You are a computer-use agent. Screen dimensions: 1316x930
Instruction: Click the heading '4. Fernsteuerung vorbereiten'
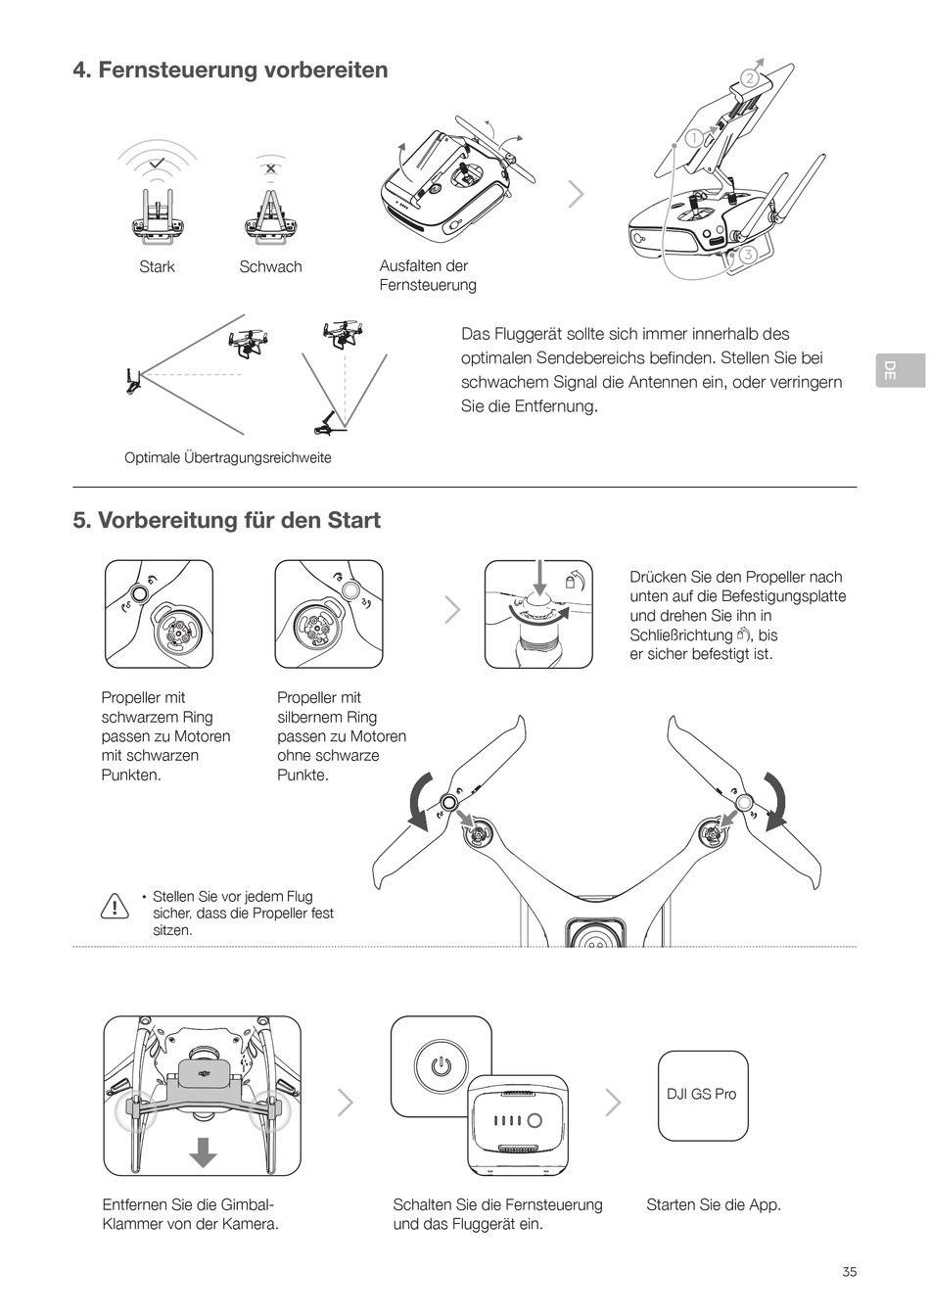pyautogui.click(x=230, y=70)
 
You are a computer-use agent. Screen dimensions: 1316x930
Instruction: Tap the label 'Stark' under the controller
pyautogui.click(x=157, y=267)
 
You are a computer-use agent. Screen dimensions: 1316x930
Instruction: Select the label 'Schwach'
pyautogui.click(x=270, y=267)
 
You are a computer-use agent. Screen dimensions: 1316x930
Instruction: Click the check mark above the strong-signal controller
pyautogui.click(x=157, y=162)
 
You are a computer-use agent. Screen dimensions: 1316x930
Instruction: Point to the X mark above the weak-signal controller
pyautogui.click(x=270, y=167)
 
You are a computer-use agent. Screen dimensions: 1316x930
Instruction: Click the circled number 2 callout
pyautogui.click(x=750, y=78)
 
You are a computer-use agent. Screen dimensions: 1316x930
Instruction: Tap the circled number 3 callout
pyautogui.click(x=748, y=255)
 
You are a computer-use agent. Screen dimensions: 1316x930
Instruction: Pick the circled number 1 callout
pyautogui.click(x=693, y=138)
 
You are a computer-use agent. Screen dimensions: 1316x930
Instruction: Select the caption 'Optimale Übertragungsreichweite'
pyautogui.click(x=228, y=458)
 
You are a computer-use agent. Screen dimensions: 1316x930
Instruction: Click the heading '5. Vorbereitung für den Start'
pyautogui.click(x=226, y=520)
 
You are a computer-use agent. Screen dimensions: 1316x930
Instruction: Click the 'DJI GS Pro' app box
pyautogui.click(x=702, y=1095)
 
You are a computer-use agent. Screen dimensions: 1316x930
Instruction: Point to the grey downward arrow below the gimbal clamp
pyautogui.click(x=203, y=1152)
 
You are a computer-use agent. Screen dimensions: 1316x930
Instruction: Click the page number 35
pyautogui.click(x=849, y=1271)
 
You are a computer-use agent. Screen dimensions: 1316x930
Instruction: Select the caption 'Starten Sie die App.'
pyautogui.click(x=713, y=1205)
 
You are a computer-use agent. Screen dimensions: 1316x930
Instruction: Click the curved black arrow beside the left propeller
pyautogui.click(x=418, y=798)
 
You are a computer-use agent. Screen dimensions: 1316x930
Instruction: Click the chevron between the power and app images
pyautogui.click(x=614, y=1103)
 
